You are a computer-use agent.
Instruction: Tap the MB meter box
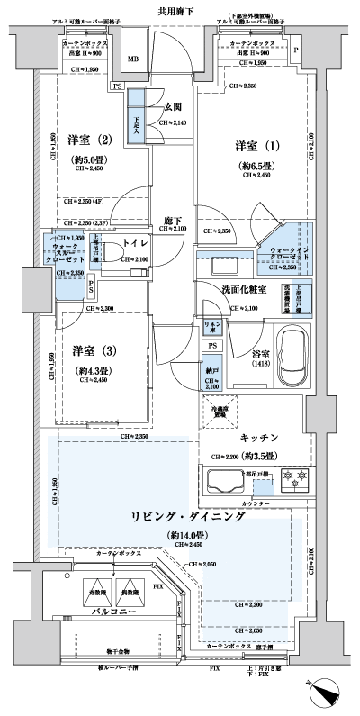click(x=133, y=60)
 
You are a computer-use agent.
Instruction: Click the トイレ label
click(x=135, y=242)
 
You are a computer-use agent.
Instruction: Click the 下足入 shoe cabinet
click(x=137, y=125)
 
